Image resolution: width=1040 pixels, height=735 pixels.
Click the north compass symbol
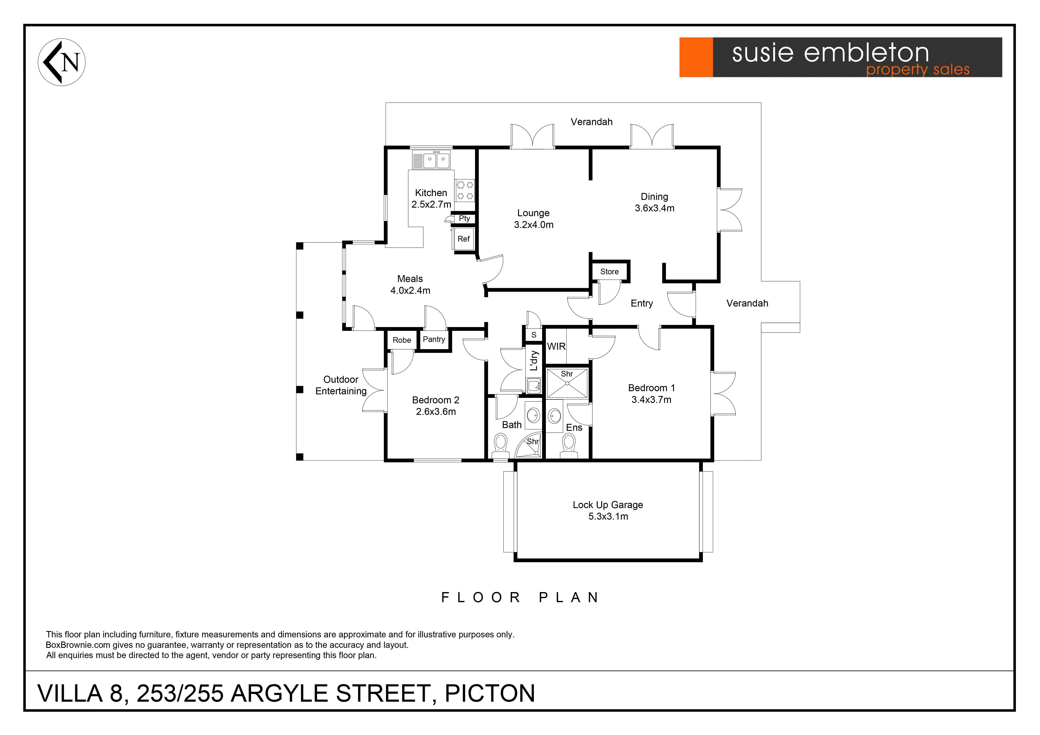tap(62, 62)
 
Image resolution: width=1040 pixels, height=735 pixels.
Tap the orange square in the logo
tap(696, 57)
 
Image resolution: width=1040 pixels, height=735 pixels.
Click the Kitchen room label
tap(431, 193)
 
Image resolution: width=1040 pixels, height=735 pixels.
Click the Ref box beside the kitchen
tap(463, 239)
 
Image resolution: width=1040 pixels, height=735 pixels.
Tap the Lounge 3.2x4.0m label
tap(534, 219)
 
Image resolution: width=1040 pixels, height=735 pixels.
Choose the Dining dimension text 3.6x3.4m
tap(654, 208)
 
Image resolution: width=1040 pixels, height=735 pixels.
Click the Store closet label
tap(609, 272)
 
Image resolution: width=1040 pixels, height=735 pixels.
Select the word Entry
tap(642, 303)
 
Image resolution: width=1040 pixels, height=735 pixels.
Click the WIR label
tap(556, 346)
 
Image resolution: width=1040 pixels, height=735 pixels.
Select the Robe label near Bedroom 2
tap(402, 340)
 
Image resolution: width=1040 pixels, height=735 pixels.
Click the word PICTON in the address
tap(490, 693)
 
